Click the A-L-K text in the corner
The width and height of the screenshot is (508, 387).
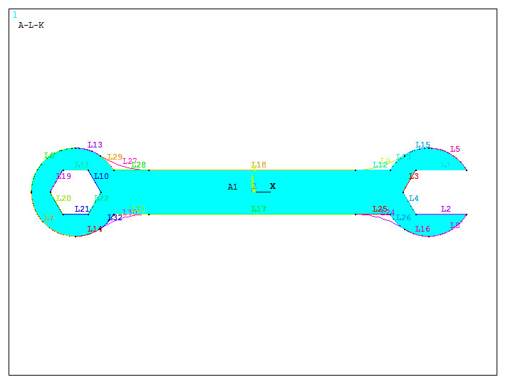31,25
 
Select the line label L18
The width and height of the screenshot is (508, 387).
259,165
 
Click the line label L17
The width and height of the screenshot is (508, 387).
259,210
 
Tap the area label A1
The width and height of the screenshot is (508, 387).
232,187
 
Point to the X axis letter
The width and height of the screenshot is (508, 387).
272,186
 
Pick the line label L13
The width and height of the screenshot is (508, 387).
95,145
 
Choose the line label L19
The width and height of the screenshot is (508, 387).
63,176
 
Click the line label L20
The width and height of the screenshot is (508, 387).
63,199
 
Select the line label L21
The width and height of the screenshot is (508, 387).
82,210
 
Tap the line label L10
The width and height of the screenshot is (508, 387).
101,176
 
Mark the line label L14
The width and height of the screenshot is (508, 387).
95,229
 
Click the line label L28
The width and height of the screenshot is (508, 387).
138,165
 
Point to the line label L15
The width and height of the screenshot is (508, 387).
423,145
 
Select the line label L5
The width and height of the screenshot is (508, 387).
455,150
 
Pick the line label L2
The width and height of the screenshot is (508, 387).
446,210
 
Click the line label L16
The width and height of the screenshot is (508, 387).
423,229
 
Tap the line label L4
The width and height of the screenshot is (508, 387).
414,198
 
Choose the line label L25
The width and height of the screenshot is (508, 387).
380,210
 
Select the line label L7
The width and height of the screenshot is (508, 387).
48,219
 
